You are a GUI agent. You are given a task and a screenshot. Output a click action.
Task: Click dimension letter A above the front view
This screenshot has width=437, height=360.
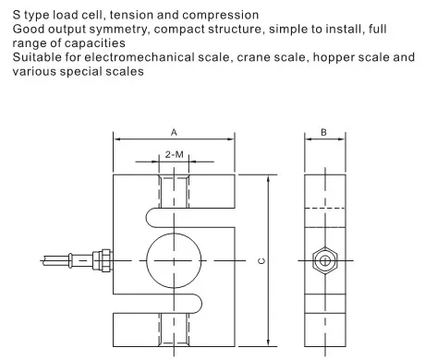coord(174,133)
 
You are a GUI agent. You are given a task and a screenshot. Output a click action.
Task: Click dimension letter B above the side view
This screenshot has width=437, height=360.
coord(323,132)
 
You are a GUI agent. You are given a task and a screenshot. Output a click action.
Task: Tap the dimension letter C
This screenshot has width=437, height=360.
coord(261,261)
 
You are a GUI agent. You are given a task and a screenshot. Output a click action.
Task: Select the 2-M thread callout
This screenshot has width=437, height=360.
coord(174,154)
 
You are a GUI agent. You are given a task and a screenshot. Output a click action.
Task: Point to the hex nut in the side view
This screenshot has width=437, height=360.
coord(325,260)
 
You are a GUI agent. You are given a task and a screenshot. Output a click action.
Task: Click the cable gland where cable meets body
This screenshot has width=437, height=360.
coord(103,260)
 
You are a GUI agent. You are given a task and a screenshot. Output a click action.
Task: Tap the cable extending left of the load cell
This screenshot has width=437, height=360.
coord(67,260)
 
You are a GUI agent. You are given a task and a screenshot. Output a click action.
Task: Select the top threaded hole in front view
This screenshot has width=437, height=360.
coord(174,191)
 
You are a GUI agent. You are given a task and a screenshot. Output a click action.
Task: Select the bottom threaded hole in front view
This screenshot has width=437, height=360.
coord(174,330)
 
